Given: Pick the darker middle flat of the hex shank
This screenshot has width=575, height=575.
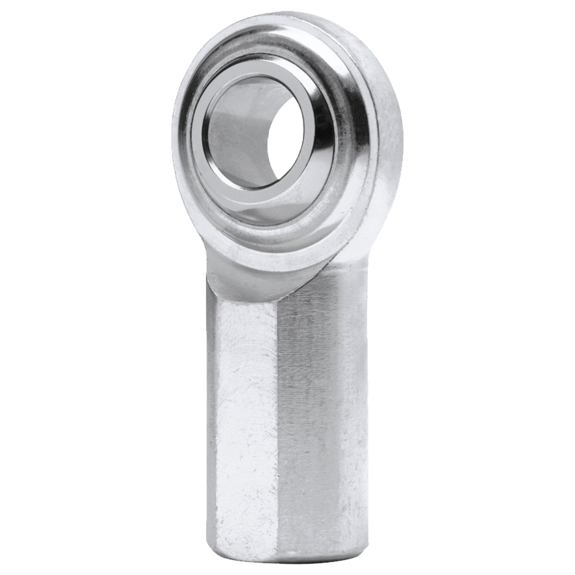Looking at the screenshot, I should point(314,398).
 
